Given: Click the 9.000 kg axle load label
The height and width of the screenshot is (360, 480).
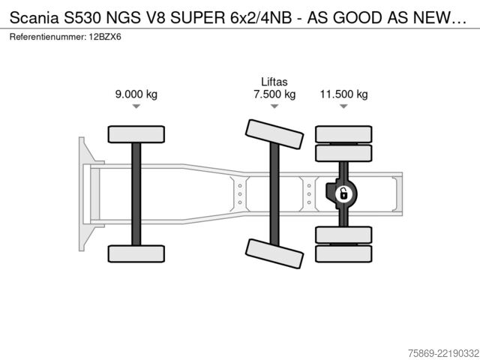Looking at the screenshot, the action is point(136,94).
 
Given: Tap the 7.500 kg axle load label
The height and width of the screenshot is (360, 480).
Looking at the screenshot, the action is point(274,94).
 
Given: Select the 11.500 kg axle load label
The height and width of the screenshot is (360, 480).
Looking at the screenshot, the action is point(343,94).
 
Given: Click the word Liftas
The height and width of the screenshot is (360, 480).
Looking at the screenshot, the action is point(274,82).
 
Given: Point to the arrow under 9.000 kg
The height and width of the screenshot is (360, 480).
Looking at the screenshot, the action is point(136,106).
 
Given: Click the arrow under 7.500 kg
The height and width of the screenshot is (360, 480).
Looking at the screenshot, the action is point(274,106).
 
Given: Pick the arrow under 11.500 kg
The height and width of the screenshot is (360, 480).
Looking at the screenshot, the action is point(343,106).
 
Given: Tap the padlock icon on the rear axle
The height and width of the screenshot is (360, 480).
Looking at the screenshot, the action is point(343,194).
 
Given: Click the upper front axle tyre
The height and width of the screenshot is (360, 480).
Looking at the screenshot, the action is point(136,134).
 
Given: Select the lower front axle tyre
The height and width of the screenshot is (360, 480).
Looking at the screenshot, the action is point(136,253).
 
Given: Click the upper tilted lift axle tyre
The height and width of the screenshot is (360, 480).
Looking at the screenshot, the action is point(274,134).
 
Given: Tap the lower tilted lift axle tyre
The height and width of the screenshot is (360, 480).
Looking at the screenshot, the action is point(274,253).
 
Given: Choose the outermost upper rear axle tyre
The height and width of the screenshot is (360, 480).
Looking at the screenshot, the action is point(343,134).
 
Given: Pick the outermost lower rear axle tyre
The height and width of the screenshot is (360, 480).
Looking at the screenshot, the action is point(343,253).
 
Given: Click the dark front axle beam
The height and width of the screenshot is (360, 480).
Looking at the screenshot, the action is point(136,194).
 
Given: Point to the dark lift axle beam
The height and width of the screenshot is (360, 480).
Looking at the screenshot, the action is point(274,194).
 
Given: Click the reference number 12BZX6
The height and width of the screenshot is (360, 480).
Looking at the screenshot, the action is point(105,37).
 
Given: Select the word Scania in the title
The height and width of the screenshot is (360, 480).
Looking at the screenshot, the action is point(34,18).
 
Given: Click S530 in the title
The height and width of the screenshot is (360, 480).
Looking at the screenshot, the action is point(82,18).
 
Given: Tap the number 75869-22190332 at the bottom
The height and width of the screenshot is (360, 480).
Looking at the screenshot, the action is point(443,353).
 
